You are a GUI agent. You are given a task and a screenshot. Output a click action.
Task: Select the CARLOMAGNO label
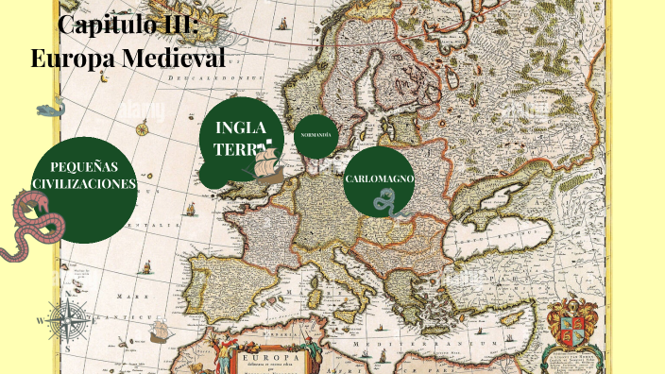(380, 178)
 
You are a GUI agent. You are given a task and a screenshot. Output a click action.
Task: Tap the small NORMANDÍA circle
(315, 135)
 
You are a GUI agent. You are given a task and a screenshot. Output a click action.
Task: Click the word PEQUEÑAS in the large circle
(84, 167)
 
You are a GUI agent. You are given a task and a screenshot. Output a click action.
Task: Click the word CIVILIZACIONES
(84, 184)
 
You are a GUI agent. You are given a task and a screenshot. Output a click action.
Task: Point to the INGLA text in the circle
(242, 128)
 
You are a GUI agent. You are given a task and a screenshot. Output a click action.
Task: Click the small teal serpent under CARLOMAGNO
(384, 200)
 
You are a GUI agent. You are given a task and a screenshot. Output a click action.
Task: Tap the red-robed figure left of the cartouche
(223, 356)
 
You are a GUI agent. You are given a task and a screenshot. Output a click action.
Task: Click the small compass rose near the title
(142, 129)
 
